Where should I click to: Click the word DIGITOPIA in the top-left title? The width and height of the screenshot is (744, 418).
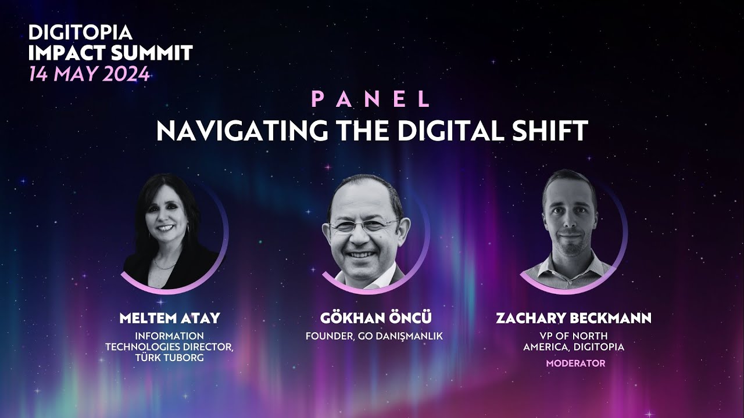pyautogui.click(x=80, y=33)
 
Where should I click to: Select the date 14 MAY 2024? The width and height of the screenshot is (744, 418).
pyautogui.click(x=88, y=74)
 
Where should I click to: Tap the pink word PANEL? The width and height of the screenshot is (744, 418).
pyautogui.click(x=371, y=99)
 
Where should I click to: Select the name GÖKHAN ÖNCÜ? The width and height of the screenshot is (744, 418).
pyautogui.click(x=376, y=318)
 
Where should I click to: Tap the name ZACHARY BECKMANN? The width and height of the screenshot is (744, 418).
pyautogui.click(x=573, y=318)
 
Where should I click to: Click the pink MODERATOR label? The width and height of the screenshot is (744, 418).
pyautogui.click(x=575, y=363)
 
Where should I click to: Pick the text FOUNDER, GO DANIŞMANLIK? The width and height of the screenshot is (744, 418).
pyautogui.click(x=374, y=336)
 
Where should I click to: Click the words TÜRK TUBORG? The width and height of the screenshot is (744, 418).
pyautogui.click(x=170, y=358)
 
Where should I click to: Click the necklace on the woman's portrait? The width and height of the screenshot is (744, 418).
pyautogui.click(x=165, y=264)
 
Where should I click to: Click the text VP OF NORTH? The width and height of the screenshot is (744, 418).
pyautogui.click(x=573, y=336)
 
